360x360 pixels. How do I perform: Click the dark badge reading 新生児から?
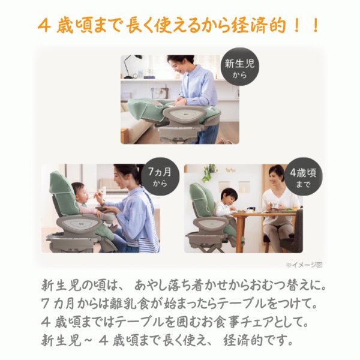tap(239, 67)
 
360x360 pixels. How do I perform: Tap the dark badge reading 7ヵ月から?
tap(160, 176)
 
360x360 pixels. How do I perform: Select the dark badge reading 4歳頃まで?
tap(303, 176)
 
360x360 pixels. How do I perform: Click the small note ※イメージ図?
tap(304, 265)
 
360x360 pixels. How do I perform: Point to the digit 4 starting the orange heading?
tap(44, 26)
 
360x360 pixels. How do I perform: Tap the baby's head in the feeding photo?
tap(79, 192)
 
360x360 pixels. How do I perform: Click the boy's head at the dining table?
tap(229, 197)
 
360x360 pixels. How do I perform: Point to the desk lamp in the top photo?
tap(130, 66)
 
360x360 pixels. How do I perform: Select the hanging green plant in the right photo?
tap(209, 172)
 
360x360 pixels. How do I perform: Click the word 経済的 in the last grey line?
tap(244, 340)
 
